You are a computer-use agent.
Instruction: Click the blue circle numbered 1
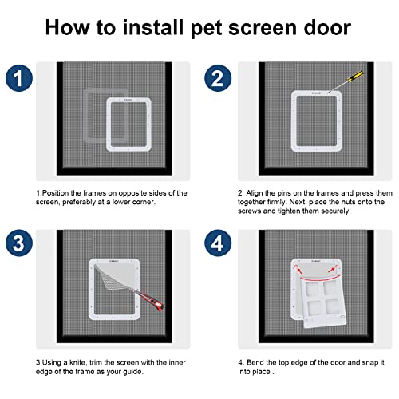19,78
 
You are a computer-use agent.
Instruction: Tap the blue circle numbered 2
218,78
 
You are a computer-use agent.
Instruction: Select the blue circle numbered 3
19,243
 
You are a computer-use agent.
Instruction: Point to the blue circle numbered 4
218,243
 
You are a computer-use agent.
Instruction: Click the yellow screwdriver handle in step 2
356,76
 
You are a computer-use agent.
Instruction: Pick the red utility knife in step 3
150,301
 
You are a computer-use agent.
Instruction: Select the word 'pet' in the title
206,29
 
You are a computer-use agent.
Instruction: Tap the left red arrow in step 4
300,271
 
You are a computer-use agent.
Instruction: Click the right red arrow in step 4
331,270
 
